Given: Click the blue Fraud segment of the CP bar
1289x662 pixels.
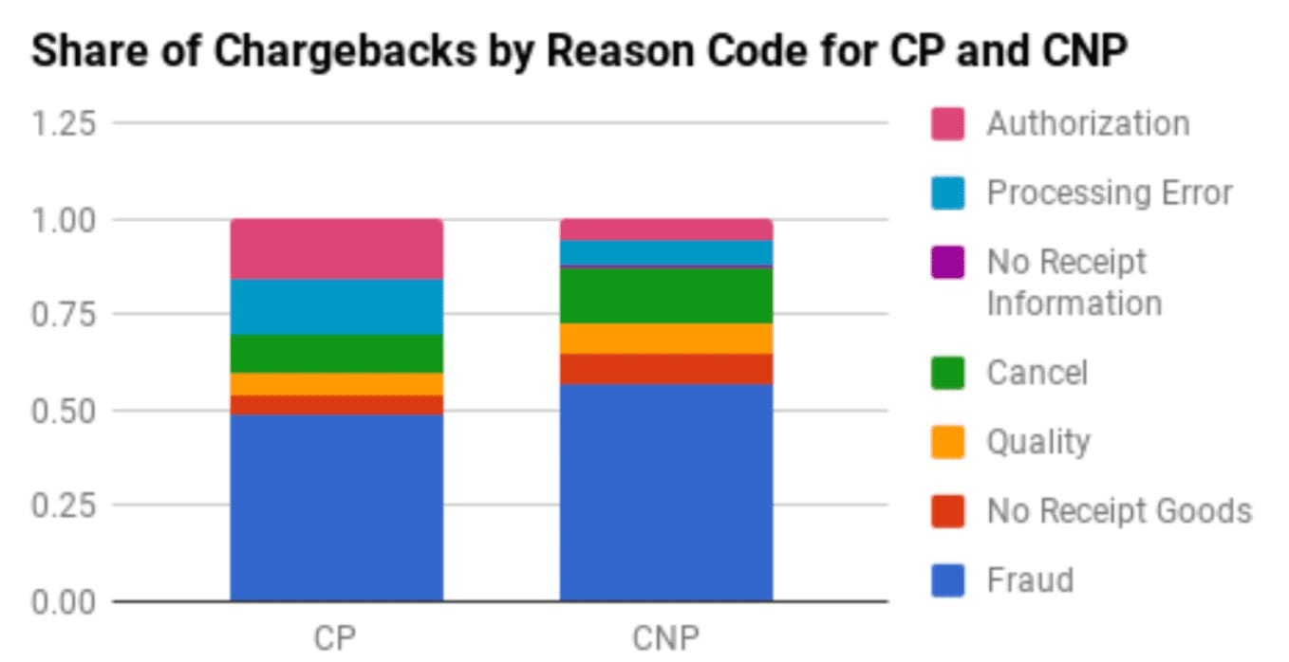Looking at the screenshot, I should coord(336,507).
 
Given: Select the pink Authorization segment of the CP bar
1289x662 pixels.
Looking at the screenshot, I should coord(336,248).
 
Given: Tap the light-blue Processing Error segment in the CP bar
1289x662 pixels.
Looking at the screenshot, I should coord(336,306).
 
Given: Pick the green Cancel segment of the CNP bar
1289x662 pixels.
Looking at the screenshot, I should coord(665,296).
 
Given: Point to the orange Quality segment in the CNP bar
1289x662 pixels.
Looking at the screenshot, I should coord(665,339).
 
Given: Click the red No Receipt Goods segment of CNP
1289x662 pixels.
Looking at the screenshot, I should coord(665,369).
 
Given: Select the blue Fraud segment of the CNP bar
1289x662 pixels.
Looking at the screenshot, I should coord(665,492).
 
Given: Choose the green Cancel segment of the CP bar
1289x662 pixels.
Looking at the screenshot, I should coord(336,354).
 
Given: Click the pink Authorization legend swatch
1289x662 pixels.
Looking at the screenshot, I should coord(947,124).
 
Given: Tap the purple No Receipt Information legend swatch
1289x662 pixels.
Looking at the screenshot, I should coord(947,263).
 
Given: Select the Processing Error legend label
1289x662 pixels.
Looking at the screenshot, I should coord(1110,193).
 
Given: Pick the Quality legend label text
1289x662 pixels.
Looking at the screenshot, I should coord(1037,442).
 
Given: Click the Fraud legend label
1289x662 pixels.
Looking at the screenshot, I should coord(1030,579).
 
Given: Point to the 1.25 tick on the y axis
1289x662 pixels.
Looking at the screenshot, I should coord(65,123).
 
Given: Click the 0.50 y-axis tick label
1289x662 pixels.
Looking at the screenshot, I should coord(65,411).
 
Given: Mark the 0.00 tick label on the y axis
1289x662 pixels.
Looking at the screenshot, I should coord(65,602).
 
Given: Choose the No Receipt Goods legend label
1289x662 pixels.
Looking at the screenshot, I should coord(1119,511).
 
